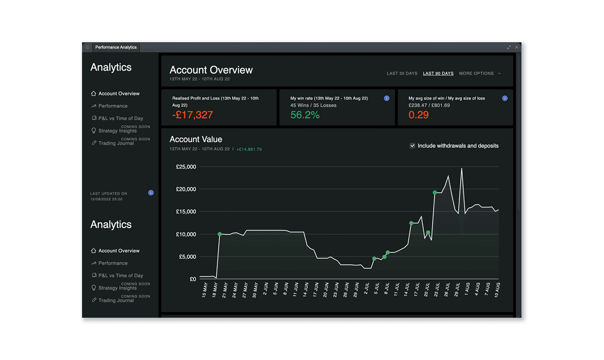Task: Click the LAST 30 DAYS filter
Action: pyautogui.click(x=402, y=74)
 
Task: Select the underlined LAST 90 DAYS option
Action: pyautogui.click(x=438, y=74)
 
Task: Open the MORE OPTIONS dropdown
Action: pyautogui.click(x=480, y=74)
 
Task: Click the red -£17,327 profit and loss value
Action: pyautogui.click(x=193, y=115)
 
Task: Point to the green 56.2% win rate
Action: pyautogui.click(x=305, y=115)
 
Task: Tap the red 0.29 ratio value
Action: pyautogui.click(x=418, y=115)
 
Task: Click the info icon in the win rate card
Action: pyautogui.click(x=387, y=98)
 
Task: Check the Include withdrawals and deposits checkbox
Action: pyautogui.click(x=413, y=146)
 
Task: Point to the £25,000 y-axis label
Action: pyautogui.click(x=186, y=167)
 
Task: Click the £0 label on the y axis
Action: pyautogui.click(x=193, y=279)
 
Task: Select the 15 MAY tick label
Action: pyautogui.click(x=204, y=291)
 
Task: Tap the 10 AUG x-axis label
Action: pyautogui.click(x=498, y=291)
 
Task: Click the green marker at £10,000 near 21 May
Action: pyautogui.click(x=219, y=234)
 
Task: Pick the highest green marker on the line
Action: pyautogui.click(x=434, y=192)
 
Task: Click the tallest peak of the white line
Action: pyautogui.click(x=462, y=169)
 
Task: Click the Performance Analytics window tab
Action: pyautogui.click(x=116, y=47)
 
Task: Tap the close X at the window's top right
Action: pyautogui.click(x=516, y=47)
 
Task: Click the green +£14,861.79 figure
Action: pyautogui.click(x=249, y=150)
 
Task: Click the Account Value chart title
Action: pyautogui.click(x=196, y=139)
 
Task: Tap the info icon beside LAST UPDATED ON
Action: pyautogui.click(x=151, y=193)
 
